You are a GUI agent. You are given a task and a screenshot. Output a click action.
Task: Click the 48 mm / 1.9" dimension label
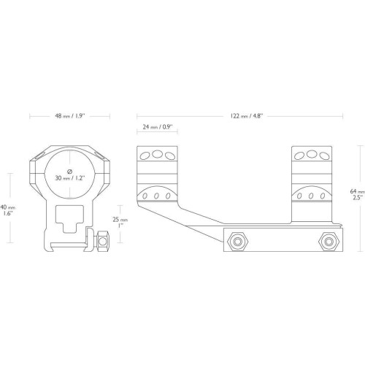click(x=69, y=116)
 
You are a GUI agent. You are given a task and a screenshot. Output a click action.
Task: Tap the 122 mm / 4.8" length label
click(x=246, y=116)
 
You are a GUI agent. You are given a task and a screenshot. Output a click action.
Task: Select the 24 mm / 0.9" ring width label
click(x=158, y=127)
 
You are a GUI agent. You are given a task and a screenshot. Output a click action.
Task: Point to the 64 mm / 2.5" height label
click(x=358, y=194)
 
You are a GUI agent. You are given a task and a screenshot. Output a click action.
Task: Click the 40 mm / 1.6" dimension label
click(x=7, y=210)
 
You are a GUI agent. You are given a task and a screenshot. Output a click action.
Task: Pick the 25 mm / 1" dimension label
click(x=120, y=222)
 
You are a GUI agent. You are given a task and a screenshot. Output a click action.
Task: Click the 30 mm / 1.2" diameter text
click(x=70, y=178)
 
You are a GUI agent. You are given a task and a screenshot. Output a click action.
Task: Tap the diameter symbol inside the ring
click(x=70, y=172)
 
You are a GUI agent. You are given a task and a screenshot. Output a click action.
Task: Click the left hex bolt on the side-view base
click(x=238, y=242)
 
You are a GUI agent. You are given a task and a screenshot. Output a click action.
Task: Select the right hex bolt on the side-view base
click(x=329, y=242)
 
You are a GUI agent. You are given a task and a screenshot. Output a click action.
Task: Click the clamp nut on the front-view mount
click(x=103, y=241)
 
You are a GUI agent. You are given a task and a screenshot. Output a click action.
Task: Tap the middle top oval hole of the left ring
click(x=157, y=154)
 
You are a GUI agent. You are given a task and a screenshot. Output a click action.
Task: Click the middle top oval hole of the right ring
click(x=312, y=154)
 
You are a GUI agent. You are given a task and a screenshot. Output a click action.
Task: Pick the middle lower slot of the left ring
click(x=156, y=196)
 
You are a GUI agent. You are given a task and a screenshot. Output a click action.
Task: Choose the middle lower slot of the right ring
click(x=311, y=196)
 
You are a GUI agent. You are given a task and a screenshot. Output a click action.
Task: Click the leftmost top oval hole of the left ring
click(x=145, y=155)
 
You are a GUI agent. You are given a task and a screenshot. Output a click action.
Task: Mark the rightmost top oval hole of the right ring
click(x=324, y=155)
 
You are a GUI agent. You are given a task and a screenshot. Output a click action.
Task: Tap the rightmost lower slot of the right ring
click(x=323, y=196)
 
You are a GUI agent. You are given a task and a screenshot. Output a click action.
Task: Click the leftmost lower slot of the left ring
click(x=145, y=196)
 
